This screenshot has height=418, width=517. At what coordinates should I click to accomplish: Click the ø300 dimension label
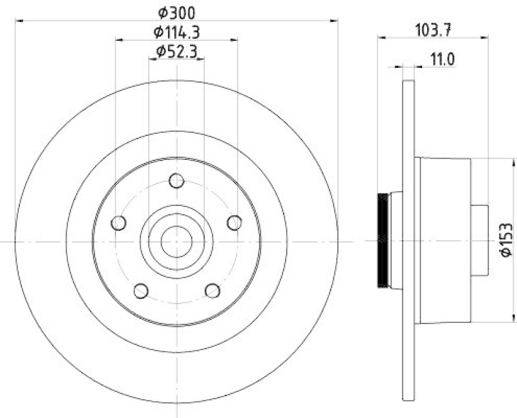tap(176, 12)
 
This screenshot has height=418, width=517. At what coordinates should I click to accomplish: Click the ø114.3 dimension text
tap(176, 31)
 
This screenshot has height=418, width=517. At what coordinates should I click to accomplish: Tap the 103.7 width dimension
tap(432, 28)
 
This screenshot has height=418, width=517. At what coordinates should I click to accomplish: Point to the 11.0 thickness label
tap(443, 60)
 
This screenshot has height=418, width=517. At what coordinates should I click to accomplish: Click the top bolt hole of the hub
tap(176, 181)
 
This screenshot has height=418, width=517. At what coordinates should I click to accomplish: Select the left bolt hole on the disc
tap(118, 223)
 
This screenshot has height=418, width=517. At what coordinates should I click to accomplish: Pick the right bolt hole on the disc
tap(235, 223)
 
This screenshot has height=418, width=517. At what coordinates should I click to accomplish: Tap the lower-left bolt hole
tap(141, 291)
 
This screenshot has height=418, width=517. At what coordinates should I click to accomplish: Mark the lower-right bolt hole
tap(213, 291)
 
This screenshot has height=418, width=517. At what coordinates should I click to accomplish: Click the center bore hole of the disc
tap(176, 241)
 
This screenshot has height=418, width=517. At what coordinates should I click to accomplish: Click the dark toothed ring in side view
tap(383, 241)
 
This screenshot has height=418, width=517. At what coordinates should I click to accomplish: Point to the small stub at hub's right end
tap(479, 241)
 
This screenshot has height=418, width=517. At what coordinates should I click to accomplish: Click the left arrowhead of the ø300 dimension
tap(18, 21)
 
